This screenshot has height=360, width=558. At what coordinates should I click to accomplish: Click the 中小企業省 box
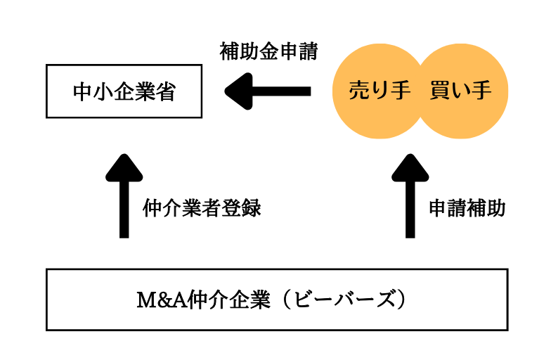[x=123, y=91]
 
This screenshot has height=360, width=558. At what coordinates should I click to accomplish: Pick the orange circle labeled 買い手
[x=460, y=91]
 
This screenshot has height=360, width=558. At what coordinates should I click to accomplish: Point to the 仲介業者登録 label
[x=202, y=208]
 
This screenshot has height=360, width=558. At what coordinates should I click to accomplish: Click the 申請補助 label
[x=467, y=208]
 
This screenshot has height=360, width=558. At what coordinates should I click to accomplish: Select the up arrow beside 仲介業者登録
[x=124, y=197]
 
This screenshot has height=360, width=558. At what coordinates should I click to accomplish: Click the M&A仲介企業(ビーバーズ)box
[x=277, y=300]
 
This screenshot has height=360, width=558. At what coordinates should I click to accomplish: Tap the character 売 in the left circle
[x=359, y=91]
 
